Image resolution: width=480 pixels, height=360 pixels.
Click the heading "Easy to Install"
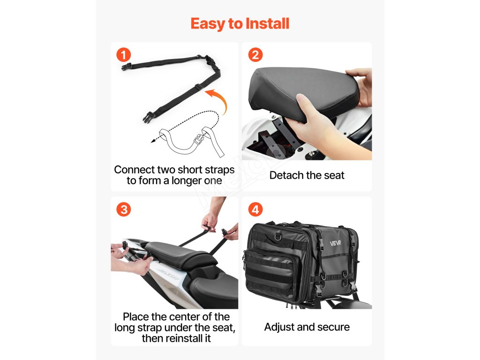point(240,23)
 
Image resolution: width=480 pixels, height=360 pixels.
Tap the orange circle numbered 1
point(123,55)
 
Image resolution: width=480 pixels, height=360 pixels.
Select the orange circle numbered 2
point(255,55)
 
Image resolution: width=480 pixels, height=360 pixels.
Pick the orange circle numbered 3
point(123,210)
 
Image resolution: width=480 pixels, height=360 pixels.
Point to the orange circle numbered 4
point(255,210)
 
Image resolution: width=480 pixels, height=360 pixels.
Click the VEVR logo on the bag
point(335,243)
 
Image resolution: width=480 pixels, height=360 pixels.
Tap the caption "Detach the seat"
point(307,175)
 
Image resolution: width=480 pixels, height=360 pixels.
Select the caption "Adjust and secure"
point(307,327)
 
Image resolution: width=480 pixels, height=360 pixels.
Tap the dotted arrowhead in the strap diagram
point(153,141)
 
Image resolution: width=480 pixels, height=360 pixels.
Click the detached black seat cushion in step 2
point(303,92)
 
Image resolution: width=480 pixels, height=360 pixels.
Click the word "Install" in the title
point(268,23)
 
